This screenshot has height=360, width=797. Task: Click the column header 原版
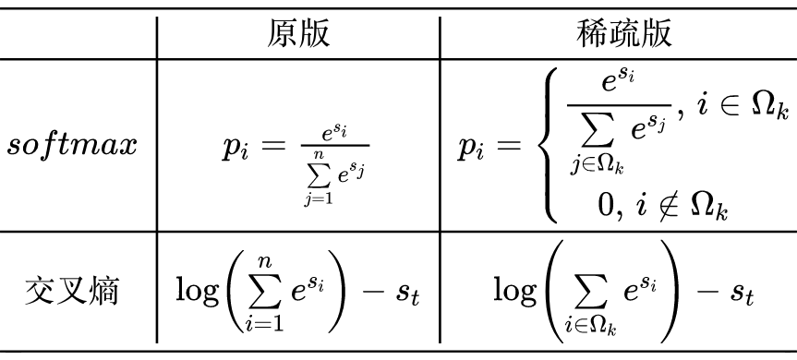[x=296, y=32]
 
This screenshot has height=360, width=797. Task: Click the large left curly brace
[x=551, y=146]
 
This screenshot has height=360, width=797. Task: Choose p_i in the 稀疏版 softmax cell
[x=474, y=148]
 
